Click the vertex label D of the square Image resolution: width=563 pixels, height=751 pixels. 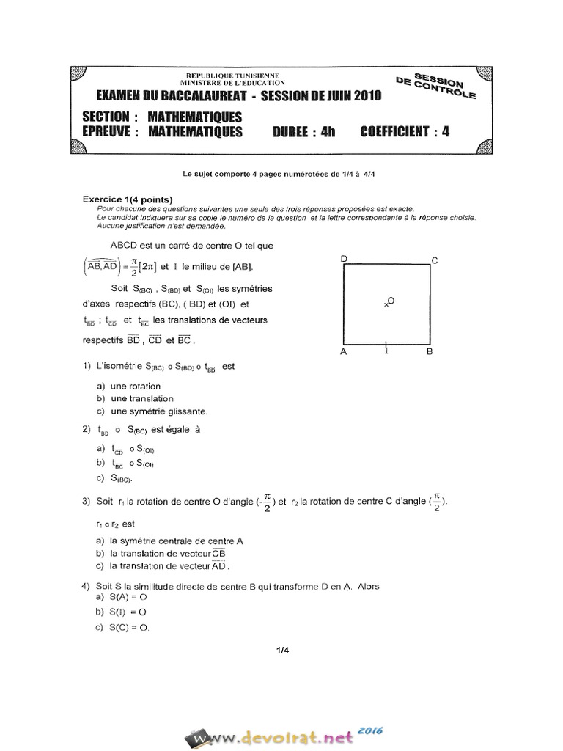[x=343, y=259]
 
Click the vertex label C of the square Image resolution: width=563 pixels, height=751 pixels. [x=434, y=260]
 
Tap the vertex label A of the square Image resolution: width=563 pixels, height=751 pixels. [x=343, y=352]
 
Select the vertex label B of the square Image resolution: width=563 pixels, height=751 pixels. [x=430, y=352]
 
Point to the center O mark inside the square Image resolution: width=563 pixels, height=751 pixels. [x=389, y=301]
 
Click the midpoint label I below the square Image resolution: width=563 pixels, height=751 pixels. [x=386, y=351]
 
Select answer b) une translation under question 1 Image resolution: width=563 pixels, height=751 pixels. [x=135, y=398]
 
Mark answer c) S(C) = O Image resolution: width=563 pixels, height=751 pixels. [x=122, y=628]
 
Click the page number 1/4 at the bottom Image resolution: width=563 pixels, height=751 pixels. [x=284, y=650]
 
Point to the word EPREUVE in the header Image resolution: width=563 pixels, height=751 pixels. [x=107, y=132]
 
